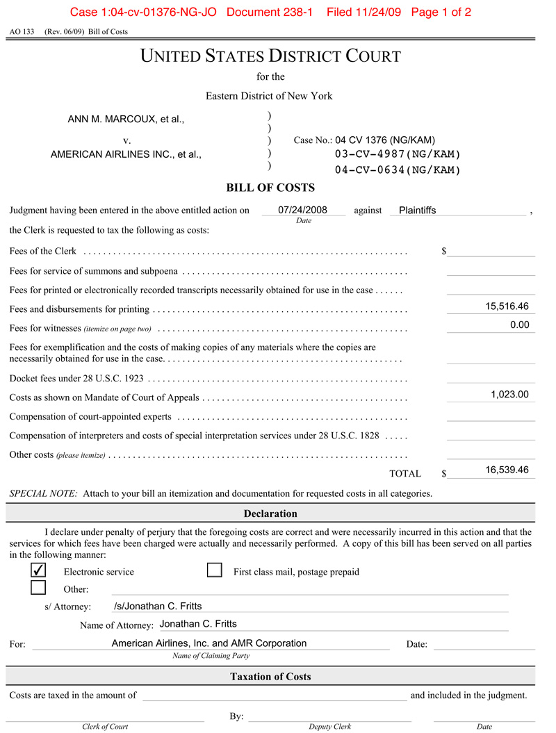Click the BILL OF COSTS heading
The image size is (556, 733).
coord(270,188)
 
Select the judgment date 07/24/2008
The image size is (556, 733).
coord(302,210)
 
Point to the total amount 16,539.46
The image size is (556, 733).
coord(507,470)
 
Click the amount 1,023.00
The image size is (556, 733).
coord(509,395)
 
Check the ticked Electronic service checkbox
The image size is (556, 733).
coord(39,570)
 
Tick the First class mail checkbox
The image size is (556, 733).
coord(215,570)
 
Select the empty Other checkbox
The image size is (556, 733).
coord(39,588)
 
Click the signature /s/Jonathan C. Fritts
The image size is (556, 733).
coord(158,606)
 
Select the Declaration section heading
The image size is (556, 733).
coord(270,513)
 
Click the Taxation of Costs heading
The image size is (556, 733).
coord(270,676)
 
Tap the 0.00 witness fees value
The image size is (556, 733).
coord(519,324)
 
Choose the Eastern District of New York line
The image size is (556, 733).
coord(269,96)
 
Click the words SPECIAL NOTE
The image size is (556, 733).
coord(43,493)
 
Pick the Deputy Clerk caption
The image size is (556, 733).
coord(329,726)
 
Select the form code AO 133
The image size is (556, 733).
coord(22,32)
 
